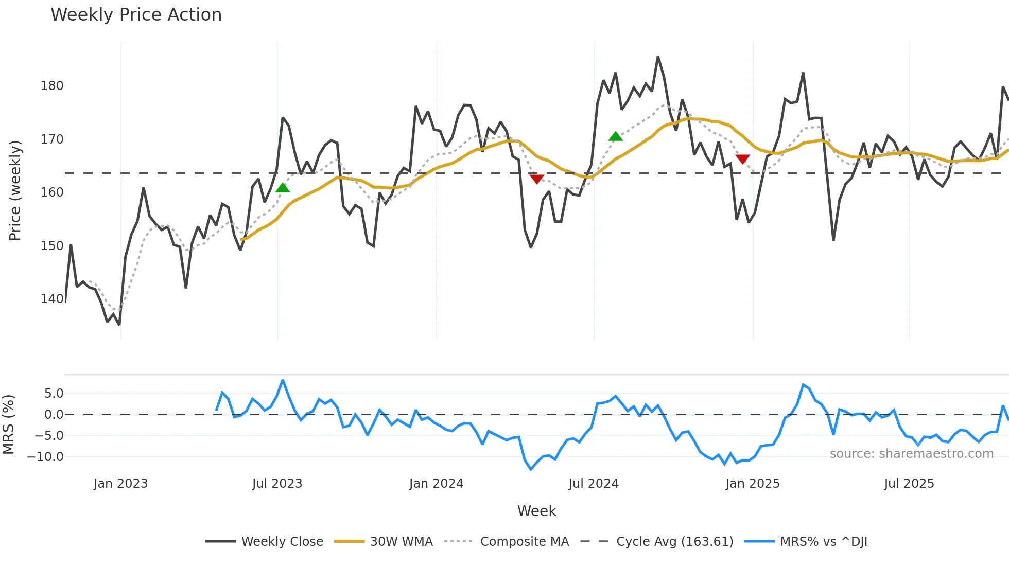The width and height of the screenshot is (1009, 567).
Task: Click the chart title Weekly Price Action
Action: click(x=136, y=15)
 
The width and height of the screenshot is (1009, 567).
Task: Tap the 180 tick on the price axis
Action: click(x=52, y=86)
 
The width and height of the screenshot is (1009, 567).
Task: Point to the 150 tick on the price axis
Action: click(x=52, y=246)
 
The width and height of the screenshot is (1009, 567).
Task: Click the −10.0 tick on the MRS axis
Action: click(x=45, y=457)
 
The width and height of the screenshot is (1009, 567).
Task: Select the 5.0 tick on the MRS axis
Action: click(x=54, y=394)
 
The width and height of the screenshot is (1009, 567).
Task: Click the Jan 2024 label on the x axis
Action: click(x=436, y=484)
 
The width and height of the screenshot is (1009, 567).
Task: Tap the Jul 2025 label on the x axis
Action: click(x=909, y=484)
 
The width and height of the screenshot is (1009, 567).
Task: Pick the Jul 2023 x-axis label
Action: click(x=277, y=484)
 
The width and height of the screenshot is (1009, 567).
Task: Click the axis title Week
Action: click(x=536, y=511)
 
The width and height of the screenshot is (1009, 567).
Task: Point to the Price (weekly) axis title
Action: click(x=15, y=190)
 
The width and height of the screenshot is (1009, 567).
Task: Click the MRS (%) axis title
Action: click(x=9, y=424)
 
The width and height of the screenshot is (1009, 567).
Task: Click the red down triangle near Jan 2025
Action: click(x=742, y=159)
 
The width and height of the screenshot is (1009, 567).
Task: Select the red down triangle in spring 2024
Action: click(x=536, y=179)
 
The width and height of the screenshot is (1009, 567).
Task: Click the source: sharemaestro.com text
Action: click(x=911, y=454)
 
